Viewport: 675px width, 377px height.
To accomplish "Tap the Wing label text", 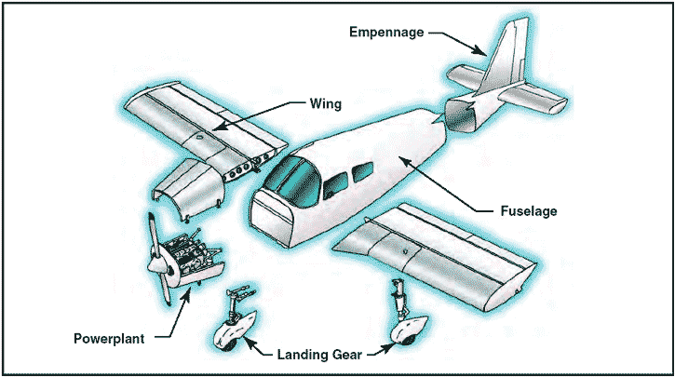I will coord(326,105).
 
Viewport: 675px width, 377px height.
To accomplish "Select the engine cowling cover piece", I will coord(186,182).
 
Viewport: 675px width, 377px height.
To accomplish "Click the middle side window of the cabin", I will coord(335,181).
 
